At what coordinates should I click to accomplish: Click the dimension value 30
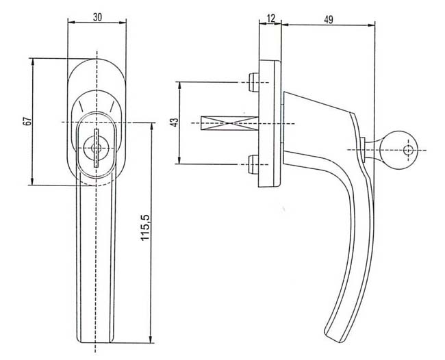pyautogui.click(x=97, y=17)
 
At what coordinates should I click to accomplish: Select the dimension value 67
pyautogui.click(x=27, y=121)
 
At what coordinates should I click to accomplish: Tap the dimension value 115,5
pyautogui.click(x=145, y=227)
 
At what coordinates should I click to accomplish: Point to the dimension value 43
pyautogui.click(x=175, y=122)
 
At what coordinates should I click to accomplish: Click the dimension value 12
pyautogui.click(x=271, y=18)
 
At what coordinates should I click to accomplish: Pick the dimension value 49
pyautogui.click(x=329, y=20)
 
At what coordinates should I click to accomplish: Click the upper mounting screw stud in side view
pyautogui.click(x=253, y=82)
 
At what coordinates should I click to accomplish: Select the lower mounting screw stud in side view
pyautogui.click(x=253, y=164)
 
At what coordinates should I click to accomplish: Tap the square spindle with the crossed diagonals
pyautogui.click(x=229, y=123)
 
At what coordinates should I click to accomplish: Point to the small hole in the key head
pyautogui.click(x=409, y=150)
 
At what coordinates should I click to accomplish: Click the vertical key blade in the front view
pyautogui.click(x=97, y=148)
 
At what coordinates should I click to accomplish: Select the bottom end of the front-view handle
pyautogui.click(x=95, y=342)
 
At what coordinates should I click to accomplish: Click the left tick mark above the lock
pyautogui.click(x=81, y=106)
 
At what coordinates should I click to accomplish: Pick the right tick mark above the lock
pyautogui.click(x=112, y=106)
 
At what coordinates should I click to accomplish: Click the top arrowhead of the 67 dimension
pyautogui.click(x=32, y=62)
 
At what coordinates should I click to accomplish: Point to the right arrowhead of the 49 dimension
pyautogui.click(x=371, y=25)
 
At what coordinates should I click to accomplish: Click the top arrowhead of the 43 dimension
pyautogui.click(x=179, y=86)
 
